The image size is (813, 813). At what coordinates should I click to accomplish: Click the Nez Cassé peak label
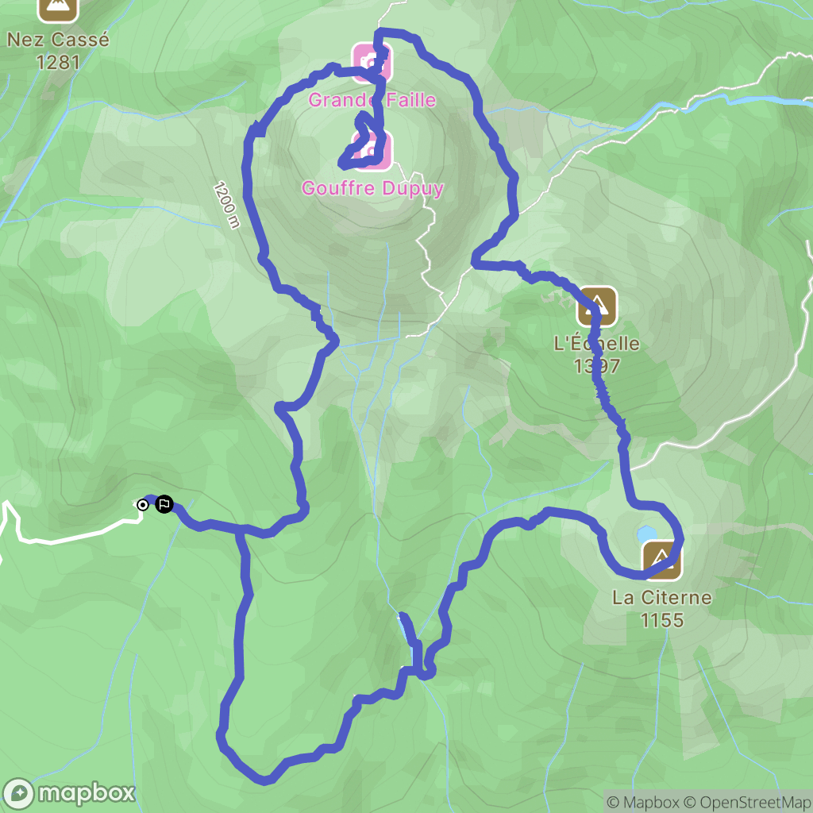pos(57,39)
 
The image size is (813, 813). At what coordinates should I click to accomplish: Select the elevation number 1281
pos(57,61)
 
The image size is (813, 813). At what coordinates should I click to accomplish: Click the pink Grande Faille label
pos(372,100)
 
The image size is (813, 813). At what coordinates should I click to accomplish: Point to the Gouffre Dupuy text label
pos(372,188)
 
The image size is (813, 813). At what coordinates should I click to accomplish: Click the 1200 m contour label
pos(225,204)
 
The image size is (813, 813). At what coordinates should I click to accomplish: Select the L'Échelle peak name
pos(596,345)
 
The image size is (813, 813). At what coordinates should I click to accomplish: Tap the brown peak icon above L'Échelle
pos(597,306)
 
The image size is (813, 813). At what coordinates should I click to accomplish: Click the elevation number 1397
pos(597,366)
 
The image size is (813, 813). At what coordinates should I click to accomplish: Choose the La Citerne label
pos(661,598)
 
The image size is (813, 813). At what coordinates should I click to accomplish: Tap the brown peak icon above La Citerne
pos(661,559)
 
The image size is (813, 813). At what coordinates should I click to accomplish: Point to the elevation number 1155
pos(662,619)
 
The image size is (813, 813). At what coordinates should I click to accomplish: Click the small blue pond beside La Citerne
pos(646,534)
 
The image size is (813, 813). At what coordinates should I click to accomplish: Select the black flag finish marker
pos(164,504)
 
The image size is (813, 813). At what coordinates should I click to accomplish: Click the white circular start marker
pos(143,504)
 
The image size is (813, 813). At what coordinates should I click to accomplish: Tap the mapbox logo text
pos(87,792)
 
